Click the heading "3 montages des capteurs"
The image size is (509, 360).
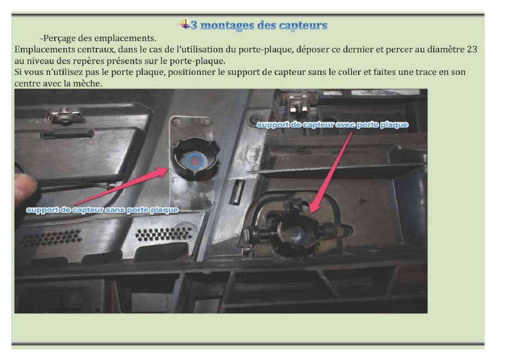(258, 25)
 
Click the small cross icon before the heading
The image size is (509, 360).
(185, 24)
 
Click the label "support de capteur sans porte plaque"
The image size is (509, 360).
(102, 210)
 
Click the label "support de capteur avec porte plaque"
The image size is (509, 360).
(332, 125)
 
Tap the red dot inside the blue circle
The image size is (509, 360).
(195, 161)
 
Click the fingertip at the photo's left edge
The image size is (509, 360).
(24, 188)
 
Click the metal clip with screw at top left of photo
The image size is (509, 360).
(65, 116)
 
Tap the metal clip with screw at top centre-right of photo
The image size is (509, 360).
(297, 104)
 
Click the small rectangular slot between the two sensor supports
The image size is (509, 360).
(237, 192)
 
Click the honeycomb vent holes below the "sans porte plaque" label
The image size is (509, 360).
(164, 234)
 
